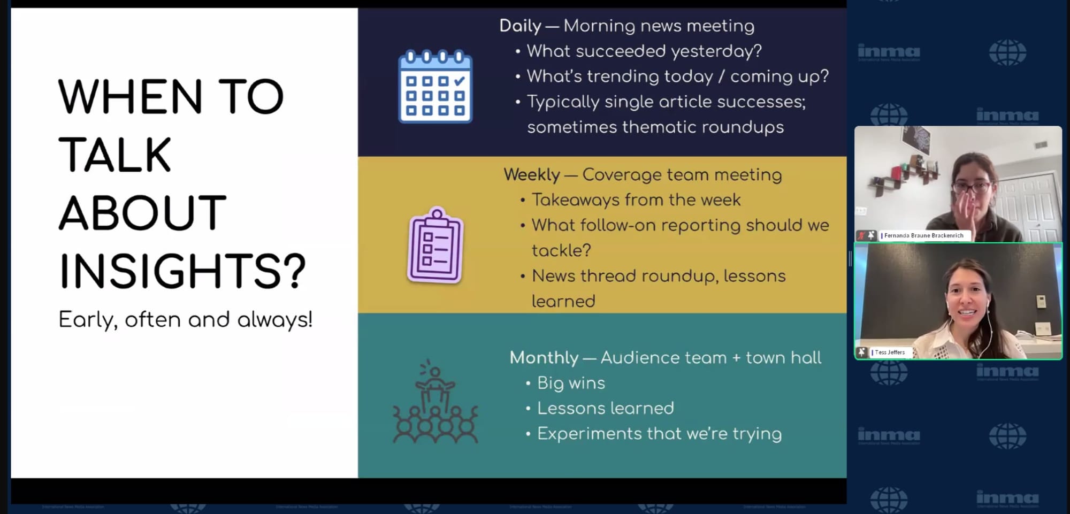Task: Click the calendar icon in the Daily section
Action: [x=435, y=86]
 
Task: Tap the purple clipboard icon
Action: [x=435, y=245]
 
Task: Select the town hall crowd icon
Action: [x=435, y=401]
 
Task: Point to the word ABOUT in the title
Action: [x=142, y=212]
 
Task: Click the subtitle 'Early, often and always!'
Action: [x=185, y=319]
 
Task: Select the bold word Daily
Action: [x=520, y=26]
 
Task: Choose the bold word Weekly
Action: [x=531, y=174]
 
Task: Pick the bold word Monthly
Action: [x=544, y=357]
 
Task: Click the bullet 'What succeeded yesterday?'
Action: [x=644, y=51]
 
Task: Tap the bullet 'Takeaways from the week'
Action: [x=636, y=200]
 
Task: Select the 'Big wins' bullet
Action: [x=571, y=383]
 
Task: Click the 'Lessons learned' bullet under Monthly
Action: [x=606, y=408]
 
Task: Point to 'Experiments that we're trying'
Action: [x=659, y=433]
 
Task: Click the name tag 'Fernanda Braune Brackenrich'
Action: [x=923, y=235]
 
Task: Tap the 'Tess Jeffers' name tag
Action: [x=890, y=352]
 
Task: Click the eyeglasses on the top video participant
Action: [x=972, y=188]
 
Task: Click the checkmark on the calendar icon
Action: [x=459, y=81]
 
